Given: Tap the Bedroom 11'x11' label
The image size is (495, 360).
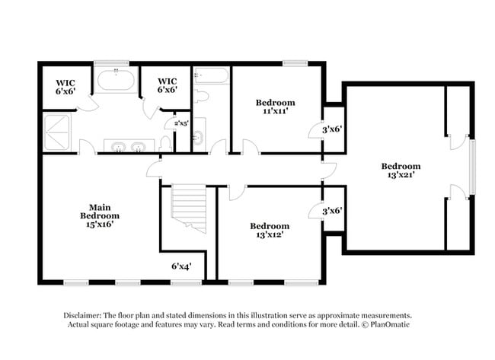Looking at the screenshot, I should click(275, 107).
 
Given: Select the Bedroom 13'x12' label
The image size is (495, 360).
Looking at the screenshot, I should click(270, 230).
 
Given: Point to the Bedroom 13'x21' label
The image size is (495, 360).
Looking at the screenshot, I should click(401, 170).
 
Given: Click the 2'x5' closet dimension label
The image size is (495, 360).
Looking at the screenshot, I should click(181, 123).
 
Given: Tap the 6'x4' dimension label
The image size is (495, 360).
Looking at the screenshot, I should click(180, 266).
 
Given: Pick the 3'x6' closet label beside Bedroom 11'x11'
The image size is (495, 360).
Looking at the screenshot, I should click(331, 129).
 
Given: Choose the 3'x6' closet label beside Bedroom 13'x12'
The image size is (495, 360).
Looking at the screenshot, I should click(331, 211).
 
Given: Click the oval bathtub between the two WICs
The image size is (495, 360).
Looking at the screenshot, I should click(116, 81).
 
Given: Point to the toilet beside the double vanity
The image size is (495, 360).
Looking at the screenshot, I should click(166, 144).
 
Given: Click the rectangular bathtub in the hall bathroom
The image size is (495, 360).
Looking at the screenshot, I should click(210, 76).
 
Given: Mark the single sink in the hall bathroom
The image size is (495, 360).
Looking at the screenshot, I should click(198, 138).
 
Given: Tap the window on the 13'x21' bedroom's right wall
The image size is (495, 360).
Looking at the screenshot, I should click(472, 167).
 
